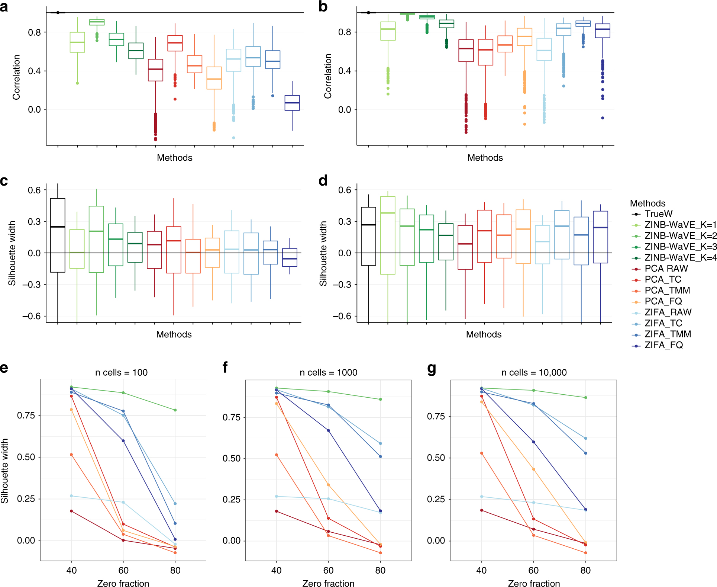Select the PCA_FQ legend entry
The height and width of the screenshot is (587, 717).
click(663, 301)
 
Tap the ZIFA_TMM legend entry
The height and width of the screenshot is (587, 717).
click(668, 334)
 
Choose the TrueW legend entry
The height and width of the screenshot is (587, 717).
click(658, 214)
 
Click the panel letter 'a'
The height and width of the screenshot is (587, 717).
click(4, 7)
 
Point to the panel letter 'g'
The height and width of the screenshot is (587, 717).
click(432, 368)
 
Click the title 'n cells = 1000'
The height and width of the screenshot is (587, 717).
click(328, 372)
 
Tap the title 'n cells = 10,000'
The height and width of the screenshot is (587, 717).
click(534, 372)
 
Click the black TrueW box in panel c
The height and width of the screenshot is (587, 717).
click(58, 235)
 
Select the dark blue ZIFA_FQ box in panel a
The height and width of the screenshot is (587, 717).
click(292, 103)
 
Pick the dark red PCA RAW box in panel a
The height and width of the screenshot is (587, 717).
click(155, 70)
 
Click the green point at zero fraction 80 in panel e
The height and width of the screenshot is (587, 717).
click(175, 410)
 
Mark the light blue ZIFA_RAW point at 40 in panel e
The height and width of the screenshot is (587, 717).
click(71, 496)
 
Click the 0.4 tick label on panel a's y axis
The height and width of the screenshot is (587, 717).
click(34, 71)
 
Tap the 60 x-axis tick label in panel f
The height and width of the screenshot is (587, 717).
click(328, 570)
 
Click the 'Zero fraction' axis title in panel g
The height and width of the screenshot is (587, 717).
click(534, 583)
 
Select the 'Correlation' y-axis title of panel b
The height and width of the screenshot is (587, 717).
click(327, 76)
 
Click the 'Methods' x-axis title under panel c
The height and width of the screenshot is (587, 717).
click(174, 334)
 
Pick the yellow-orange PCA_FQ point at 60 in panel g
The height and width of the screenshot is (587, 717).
click(534, 469)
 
